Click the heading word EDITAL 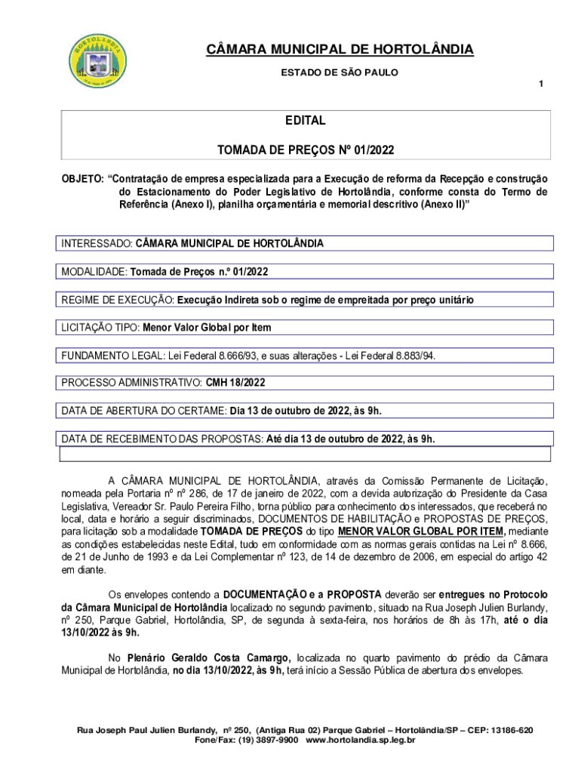pos(305,121)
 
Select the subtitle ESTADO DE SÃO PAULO pos(340,72)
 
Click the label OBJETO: pos(82,179)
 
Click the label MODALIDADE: pos(94,272)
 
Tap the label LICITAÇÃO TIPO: pos(101,328)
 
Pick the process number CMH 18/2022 pos(235,383)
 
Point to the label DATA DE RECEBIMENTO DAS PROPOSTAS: pos(162,439)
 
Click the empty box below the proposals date pos(306,454)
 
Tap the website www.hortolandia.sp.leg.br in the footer pos(361,741)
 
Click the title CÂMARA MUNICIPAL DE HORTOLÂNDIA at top pos(340,51)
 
